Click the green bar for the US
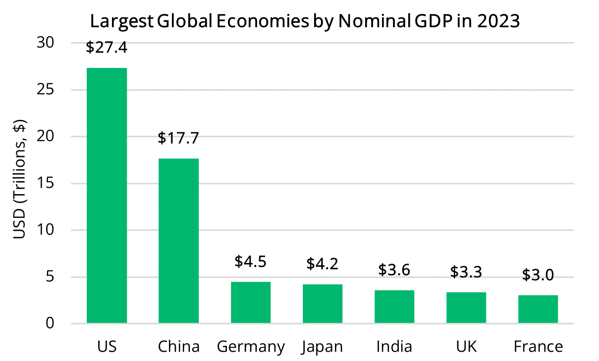click(x=107, y=196)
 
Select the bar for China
click(x=178, y=241)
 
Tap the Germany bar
click(x=251, y=303)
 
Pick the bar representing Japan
click(x=322, y=304)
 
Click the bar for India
click(x=394, y=307)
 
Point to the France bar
click(x=538, y=309)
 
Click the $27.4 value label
click(x=107, y=48)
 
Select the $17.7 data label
click(x=178, y=138)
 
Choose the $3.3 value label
click(x=466, y=272)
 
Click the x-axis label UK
click(x=466, y=346)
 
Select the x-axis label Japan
click(x=322, y=347)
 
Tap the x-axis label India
click(x=394, y=346)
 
